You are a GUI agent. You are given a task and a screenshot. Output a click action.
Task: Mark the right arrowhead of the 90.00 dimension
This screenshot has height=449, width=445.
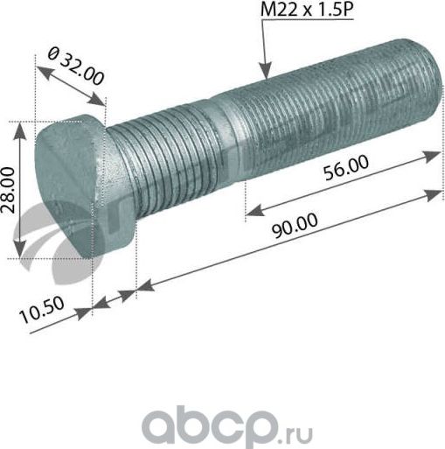pyautogui.click(x=437, y=186)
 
